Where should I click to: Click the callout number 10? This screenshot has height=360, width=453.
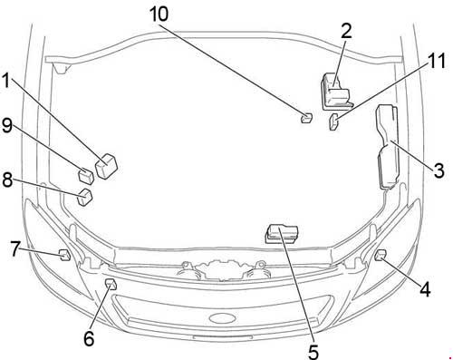[159, 14]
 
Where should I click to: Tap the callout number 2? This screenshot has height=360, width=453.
[347, 31]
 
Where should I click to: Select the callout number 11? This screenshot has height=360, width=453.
[435, 61]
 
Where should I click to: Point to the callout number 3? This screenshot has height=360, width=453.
[439, 170]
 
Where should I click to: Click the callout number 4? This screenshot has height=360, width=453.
[425, 289]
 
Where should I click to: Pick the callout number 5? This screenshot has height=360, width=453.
[313, 351]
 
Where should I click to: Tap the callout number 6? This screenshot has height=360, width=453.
[89, 338]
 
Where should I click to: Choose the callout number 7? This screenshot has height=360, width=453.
[15, 248]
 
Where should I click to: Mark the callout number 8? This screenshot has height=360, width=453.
[7, 180]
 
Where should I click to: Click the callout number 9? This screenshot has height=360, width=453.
[7, 125]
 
